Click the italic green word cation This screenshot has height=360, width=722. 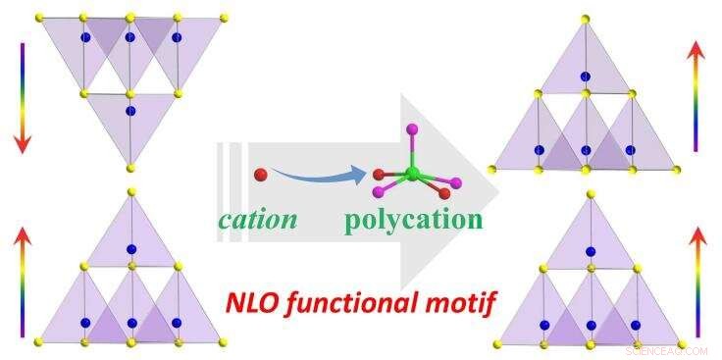(257, 219)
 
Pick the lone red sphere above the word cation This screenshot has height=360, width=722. (260, 175)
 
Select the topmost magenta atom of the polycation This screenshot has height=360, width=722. (413, 128)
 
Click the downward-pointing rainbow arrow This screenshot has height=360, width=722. (22, 98)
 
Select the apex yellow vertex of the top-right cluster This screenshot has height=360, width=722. (586, 19)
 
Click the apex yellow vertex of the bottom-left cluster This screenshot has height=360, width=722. (130, 192)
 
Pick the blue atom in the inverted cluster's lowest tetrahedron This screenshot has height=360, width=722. (130, 111)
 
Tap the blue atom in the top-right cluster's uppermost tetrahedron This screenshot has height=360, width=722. (586, 76)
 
